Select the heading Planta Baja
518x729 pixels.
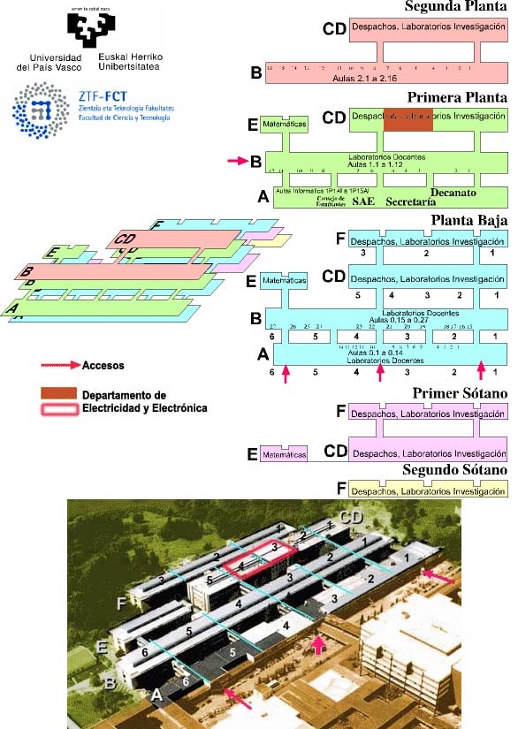[x=469, y=221]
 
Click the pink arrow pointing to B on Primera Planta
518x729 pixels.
[x=237, y=161]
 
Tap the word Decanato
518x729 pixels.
[x=453, y=192]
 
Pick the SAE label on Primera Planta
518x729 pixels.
[x=364, y=201]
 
